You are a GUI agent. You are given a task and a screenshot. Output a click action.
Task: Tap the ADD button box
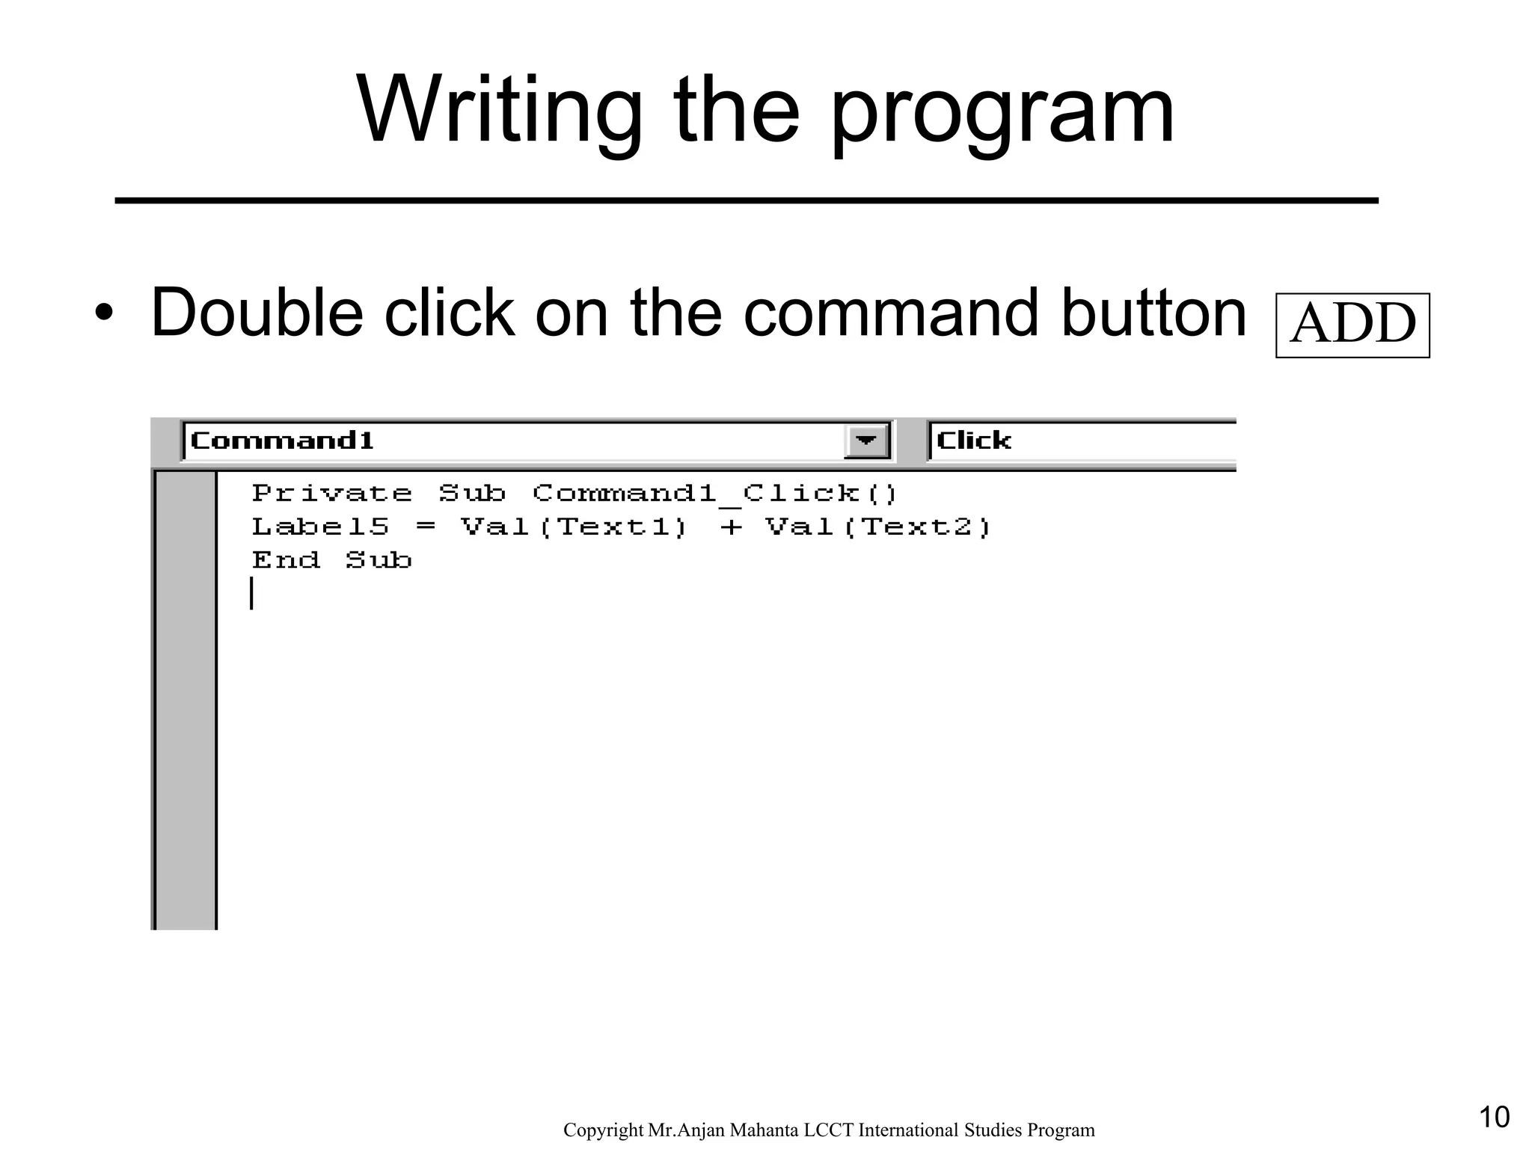coord(1352,325)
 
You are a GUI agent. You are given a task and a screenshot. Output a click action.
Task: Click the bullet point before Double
coord(104,314)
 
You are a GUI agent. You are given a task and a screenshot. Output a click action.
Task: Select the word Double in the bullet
coord(257,313)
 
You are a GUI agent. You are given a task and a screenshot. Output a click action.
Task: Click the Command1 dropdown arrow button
coord(866,441)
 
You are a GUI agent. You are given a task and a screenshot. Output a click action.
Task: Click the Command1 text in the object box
coord(282,441)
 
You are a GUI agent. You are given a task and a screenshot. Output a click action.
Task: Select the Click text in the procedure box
coord(973,441)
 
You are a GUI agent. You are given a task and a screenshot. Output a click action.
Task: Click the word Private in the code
coord(331,494)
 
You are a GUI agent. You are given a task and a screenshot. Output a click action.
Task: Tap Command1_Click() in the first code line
coord(714,494)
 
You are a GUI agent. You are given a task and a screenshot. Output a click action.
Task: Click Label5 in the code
coord(320,527)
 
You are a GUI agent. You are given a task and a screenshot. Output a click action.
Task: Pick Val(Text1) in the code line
coord(574,527)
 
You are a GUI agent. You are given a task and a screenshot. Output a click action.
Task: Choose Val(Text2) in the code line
coord(878,527)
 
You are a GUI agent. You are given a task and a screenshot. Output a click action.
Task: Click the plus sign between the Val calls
coord(731,528)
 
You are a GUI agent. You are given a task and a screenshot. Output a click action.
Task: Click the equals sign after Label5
coord(425,527)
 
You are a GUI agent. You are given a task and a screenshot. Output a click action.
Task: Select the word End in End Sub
coord(286,560)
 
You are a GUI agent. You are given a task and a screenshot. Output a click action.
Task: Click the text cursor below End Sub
coord(252,593)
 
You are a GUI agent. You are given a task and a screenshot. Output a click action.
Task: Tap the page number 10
coord(1494,1118)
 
